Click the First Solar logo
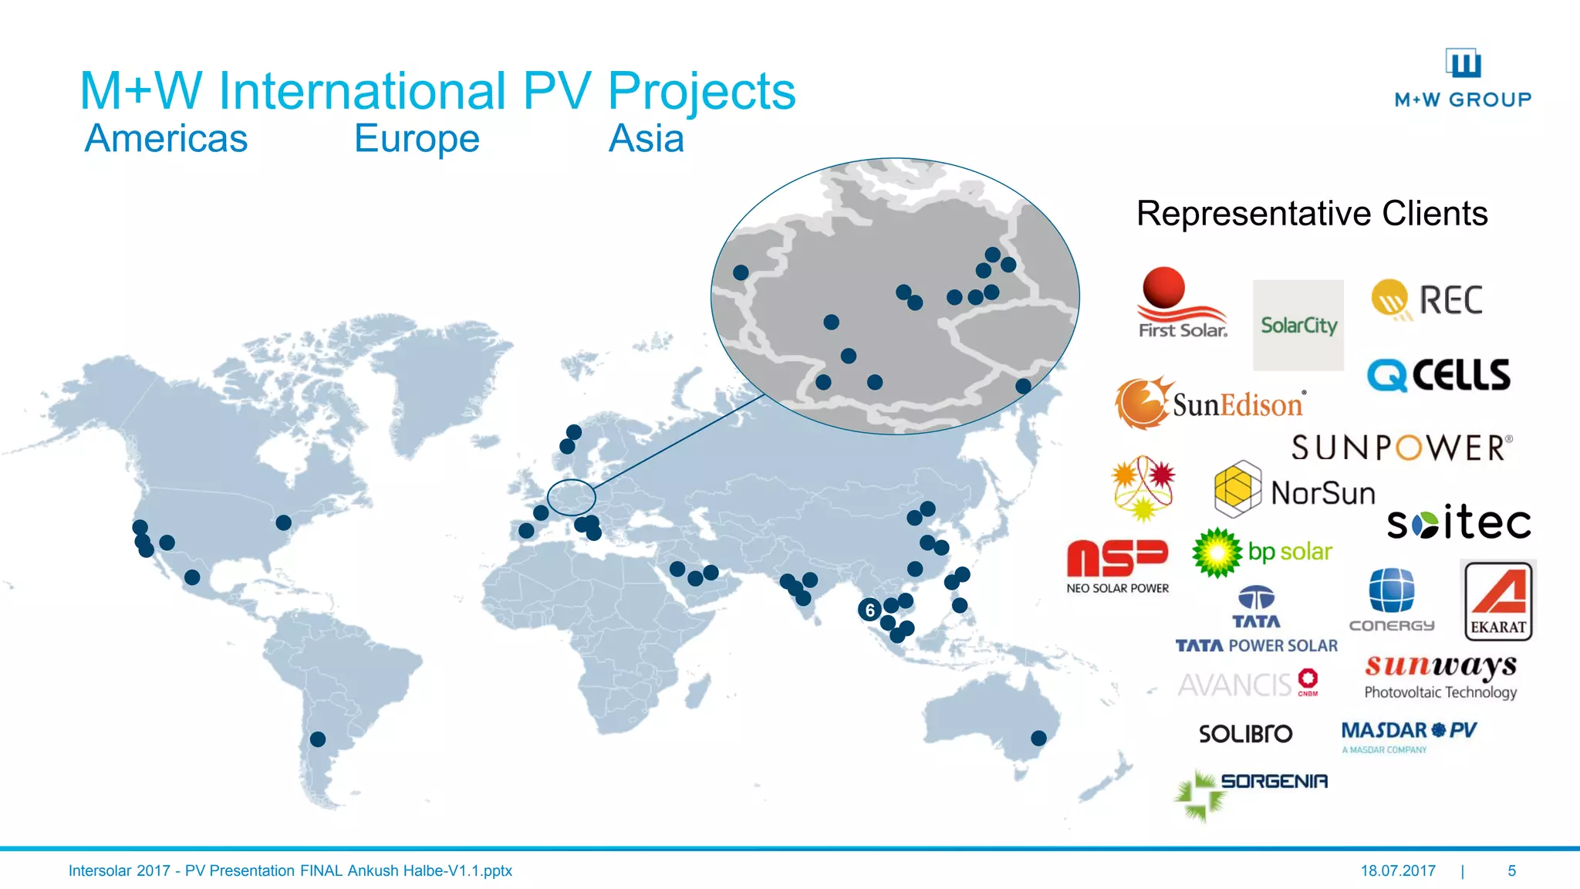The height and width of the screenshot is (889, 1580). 1181,303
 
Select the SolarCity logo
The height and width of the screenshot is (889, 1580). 1298,325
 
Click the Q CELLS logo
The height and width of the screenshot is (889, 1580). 1438,375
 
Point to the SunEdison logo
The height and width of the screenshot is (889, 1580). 1210,403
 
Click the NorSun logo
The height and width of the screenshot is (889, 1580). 1295,491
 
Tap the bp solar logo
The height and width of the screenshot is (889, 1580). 1262,552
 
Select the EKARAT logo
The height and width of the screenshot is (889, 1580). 1498,600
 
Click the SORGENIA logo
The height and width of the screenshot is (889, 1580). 1251,792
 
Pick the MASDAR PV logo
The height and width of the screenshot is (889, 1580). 1409,735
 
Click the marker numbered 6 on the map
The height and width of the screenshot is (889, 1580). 869,610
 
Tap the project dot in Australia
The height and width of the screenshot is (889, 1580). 1038,739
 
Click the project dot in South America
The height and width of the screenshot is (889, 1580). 317,739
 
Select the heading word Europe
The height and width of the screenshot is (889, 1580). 417,139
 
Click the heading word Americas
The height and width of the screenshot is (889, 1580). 166,139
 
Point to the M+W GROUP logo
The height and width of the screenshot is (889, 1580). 1463,79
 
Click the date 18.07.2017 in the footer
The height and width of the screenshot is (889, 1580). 1398,870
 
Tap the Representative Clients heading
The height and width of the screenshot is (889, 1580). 1312,214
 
